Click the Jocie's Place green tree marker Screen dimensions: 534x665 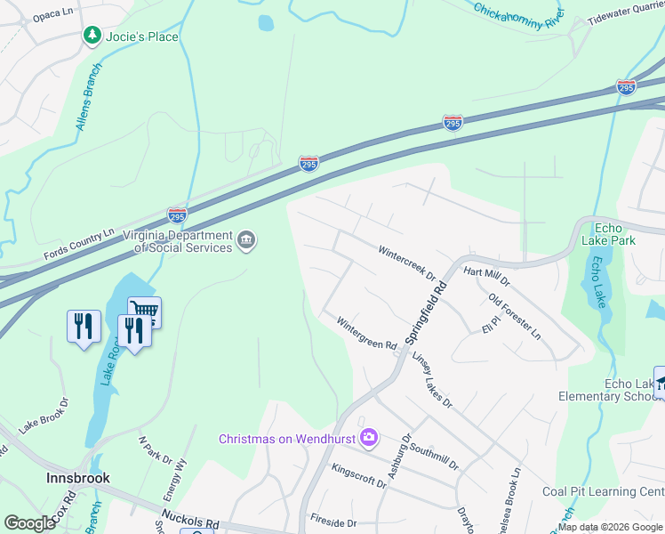pyautogui.click(x=92, y=36)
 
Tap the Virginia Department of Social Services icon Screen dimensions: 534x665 pyautogui.click(x=246, y=239)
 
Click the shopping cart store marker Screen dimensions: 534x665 pyautogui.click(x=144, y=311)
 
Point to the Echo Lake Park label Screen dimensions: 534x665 pyautogui.click(x=608, y=233)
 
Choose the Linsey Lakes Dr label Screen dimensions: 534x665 pyautogui.click(x=433, y=379)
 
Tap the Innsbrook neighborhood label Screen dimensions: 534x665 pyautogui.click(x=78, y=478)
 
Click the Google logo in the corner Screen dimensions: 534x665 pyautogui.click(x=29, y=523)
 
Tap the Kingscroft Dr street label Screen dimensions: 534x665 pyautogui.click(x=358, y=474)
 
